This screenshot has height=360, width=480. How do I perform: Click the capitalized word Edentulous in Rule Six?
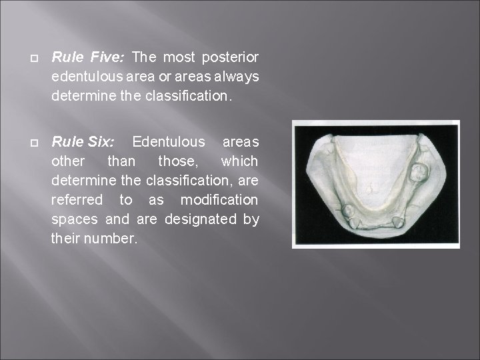[x=169, y=143]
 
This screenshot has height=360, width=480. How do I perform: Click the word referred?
[x=77, y=200]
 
